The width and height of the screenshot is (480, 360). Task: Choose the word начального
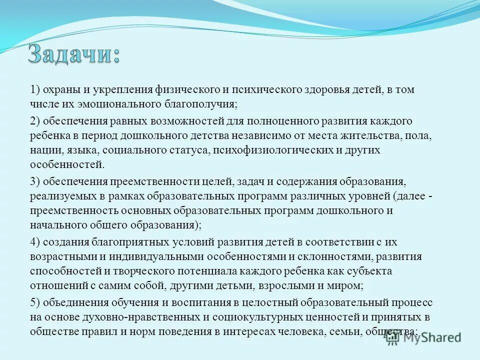click(56, 224)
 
